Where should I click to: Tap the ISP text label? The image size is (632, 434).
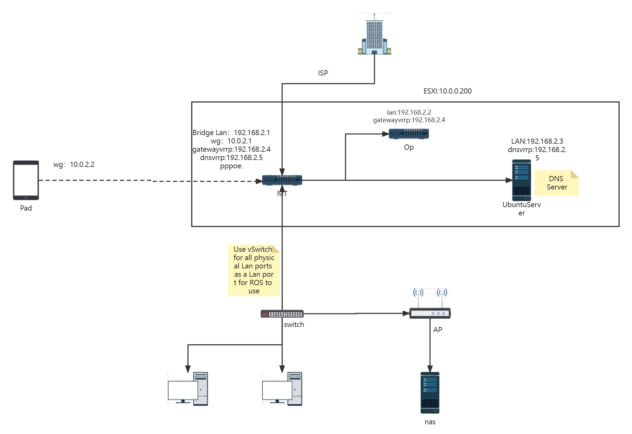(323, 73)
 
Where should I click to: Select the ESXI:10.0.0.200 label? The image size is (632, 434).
(447, 91)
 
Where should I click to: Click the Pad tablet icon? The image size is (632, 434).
(26, 180)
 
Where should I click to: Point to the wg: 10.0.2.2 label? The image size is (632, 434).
(74, 165)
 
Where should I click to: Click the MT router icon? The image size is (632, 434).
(282, 180)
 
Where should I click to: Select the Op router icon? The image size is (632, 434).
(409, 134)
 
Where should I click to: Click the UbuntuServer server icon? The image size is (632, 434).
(521, 180)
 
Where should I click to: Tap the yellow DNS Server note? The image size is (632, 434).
(556, 183)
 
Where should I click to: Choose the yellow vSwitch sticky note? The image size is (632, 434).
(254, 270)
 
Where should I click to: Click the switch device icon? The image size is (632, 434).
(282, 314)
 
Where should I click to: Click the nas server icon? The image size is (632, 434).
(430, 393)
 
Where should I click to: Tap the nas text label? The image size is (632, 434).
(430, 422)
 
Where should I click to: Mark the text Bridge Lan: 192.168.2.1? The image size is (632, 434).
(231, 133)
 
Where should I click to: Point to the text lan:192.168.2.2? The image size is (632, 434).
(409, 112)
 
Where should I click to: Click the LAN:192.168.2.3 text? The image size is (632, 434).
(537, 141)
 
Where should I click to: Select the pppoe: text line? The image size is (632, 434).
(231, 166)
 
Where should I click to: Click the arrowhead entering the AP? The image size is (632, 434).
(406, 313)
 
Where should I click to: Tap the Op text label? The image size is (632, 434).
(409, 147)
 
